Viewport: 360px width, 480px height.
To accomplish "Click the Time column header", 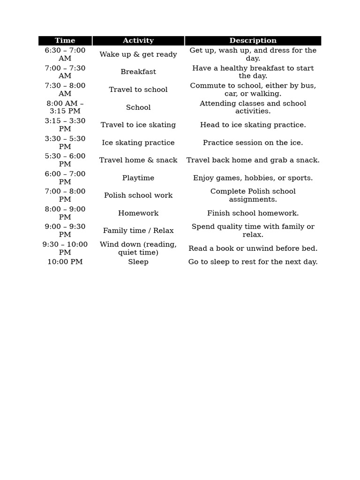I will [65, 41].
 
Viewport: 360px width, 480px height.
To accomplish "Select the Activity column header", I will [138, 41].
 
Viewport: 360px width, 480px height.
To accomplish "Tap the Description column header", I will [253, 41].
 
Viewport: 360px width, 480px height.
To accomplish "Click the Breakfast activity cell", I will [138, 72].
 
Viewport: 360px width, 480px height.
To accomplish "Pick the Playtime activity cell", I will [138, 178].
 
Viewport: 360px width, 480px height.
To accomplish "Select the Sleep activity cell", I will [138, 262].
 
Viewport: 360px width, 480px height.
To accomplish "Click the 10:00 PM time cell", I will [65, 262].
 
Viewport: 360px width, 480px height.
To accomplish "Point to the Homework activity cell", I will [138, 213].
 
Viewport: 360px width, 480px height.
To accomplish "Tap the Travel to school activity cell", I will [138, 90].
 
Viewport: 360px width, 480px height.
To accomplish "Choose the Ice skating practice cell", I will [138, 142].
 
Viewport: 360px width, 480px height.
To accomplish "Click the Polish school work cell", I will [138, 195].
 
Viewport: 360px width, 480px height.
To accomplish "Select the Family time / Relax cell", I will [138, 231].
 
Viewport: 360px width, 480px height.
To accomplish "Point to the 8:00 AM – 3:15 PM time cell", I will [65, 107].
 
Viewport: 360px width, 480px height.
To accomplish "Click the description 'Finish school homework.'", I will [253, 213].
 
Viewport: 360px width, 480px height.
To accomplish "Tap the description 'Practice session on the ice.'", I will [253, 142].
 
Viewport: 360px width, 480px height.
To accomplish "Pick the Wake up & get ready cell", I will [138, 54].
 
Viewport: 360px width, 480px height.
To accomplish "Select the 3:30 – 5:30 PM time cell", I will [65, 142].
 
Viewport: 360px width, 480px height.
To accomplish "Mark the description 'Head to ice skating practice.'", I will [253, 125].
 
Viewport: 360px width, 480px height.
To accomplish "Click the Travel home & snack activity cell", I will [138, 160].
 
